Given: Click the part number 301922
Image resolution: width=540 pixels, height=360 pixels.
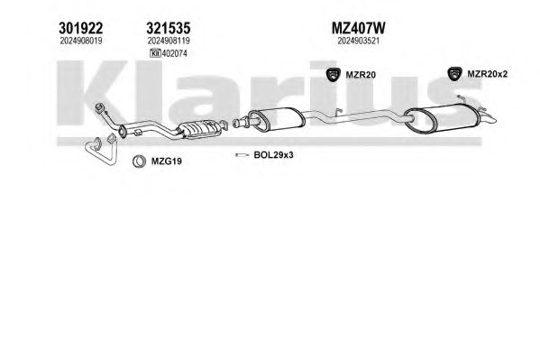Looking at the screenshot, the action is point(80,28).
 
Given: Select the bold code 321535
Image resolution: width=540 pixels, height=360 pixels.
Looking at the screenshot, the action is point(169,28).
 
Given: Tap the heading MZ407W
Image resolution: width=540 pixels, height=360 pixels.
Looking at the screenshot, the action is point(358,28).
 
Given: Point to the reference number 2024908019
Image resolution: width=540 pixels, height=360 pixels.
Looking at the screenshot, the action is point(81,41).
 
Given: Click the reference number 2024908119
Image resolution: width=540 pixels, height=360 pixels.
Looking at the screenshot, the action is point(169,41).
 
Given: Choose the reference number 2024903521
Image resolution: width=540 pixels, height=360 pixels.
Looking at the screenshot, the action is point(358,41).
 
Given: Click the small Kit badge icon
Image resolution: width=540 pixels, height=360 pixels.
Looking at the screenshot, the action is point(155,53).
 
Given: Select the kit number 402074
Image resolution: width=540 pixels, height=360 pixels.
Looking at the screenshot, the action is point(174,53).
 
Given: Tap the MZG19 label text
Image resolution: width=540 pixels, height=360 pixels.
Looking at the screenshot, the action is point(167,161).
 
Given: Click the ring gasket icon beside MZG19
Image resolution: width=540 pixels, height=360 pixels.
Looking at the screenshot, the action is point(139,161).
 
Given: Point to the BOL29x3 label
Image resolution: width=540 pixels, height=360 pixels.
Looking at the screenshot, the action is point(273,155).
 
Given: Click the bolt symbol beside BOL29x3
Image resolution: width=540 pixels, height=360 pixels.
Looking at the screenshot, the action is point(242,155).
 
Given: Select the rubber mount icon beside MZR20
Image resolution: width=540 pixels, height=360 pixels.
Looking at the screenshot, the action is point(334,75).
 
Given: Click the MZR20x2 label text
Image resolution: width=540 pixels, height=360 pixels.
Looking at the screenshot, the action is point(488,74).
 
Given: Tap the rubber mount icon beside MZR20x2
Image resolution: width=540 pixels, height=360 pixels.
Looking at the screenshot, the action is point(454,74).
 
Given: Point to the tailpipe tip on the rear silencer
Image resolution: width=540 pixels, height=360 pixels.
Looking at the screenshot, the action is point(488,118).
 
